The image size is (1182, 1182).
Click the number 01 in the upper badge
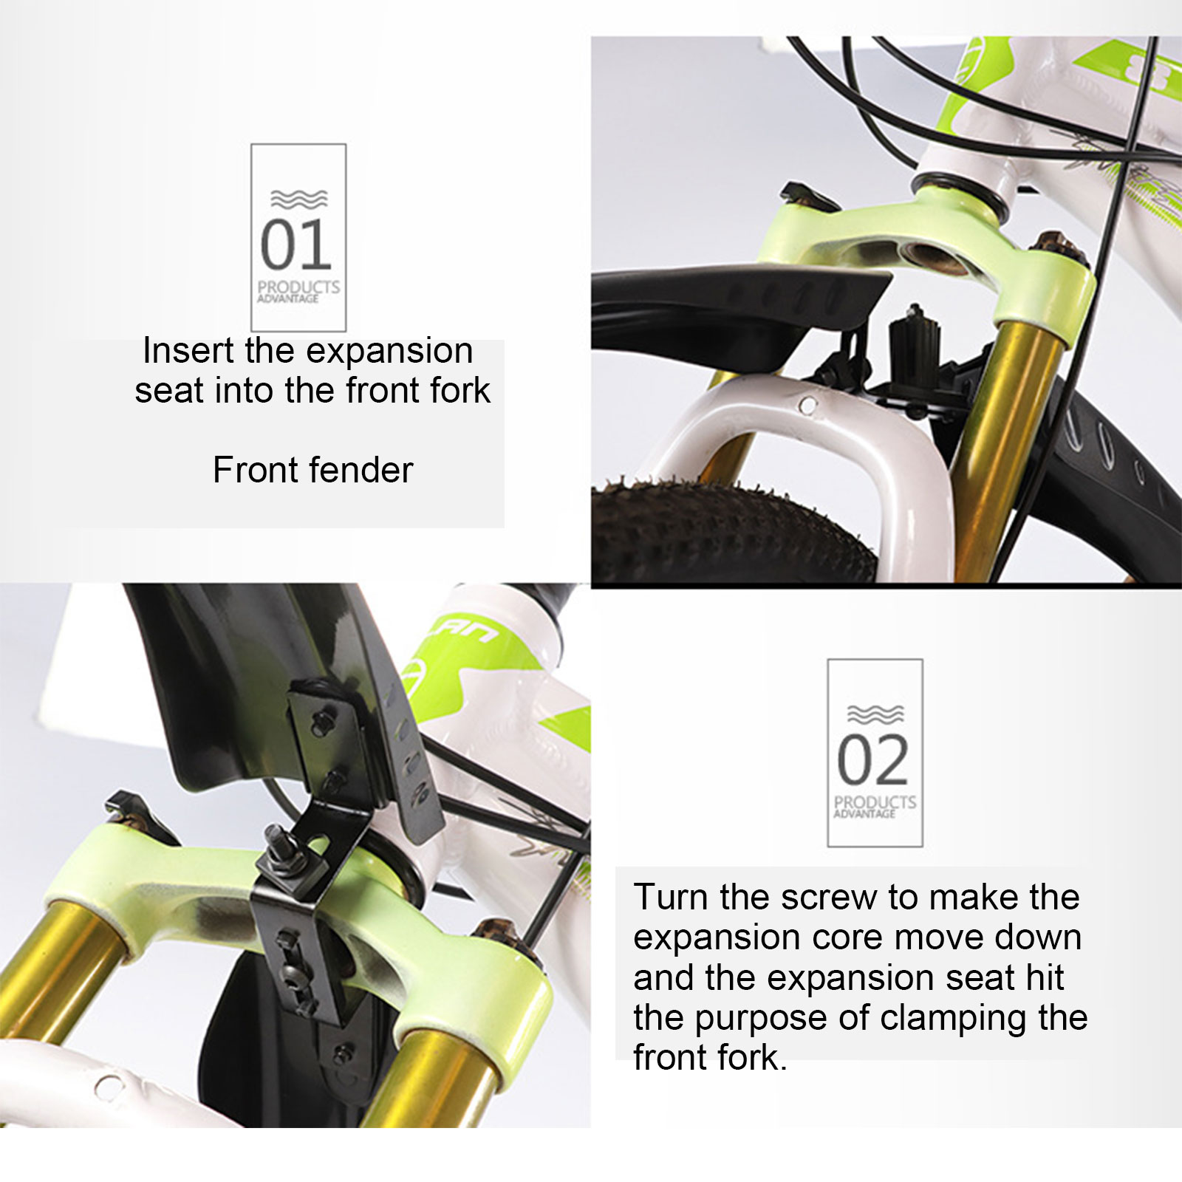coord(295,245)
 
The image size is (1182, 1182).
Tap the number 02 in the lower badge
coord(872,760)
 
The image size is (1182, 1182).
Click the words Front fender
coord(312,470)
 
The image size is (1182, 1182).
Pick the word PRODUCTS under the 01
coord(298,287)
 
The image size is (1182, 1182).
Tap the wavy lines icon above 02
coord(875,714)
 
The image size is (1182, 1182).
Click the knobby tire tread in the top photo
coord(731,527)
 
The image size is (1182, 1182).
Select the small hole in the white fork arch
coord(809,405)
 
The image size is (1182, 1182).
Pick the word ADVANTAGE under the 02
coord(864,814)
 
